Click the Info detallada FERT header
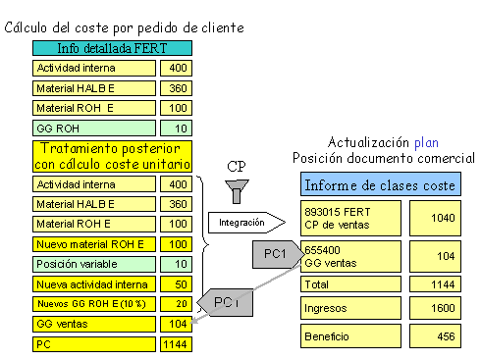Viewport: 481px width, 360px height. (112, 48)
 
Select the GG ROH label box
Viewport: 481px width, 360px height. (94, 129)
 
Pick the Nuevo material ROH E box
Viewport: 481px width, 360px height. (94, 243)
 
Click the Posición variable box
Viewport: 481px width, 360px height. (94, 264)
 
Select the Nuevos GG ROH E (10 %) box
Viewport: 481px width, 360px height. (94, 305)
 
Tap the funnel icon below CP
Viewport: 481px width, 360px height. (236, 189)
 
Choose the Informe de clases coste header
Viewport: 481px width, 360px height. (381, 185)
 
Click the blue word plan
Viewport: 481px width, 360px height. (425, 142)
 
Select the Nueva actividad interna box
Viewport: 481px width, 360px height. (94, 284)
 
